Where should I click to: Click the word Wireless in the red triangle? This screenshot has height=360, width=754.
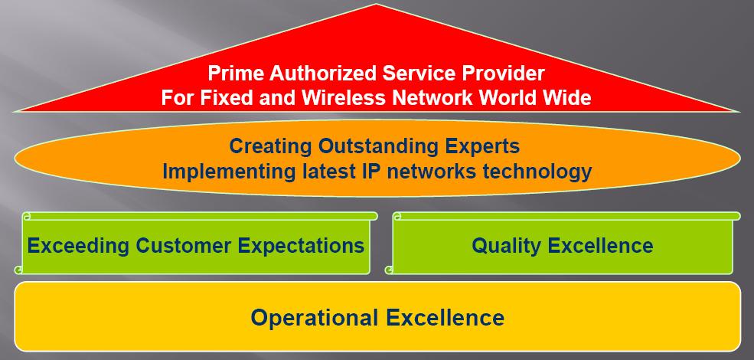(x=344, y=98)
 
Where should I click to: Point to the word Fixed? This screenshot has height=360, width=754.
(x=222, y=98)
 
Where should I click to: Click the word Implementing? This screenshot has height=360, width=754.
(x=229, y=172)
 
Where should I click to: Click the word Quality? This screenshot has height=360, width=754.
(x=506, y=245)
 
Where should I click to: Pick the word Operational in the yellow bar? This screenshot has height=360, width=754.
(x=315, y=318)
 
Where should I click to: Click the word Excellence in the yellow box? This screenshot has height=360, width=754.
(x=446, y=318)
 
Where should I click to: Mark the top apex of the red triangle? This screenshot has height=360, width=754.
(x=377, y=5)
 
